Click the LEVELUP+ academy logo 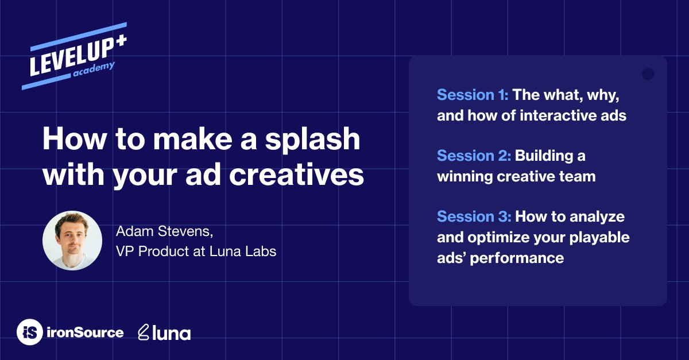pyautogui.click(x=75, y=56)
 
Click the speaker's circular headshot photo pyautogui.click(x=72, y=241)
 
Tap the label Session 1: pyautogui.click(x=473, y=95)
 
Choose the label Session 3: pyautogui.click(x=474, y=216)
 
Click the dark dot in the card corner pyautogui.click(x=648, y=74)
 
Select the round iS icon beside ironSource pyautogui.click(x=29, y=332)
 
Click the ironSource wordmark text pyautogui.click(x=85, y=332)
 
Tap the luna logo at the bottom pyautogui.click(x=165, y=332)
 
